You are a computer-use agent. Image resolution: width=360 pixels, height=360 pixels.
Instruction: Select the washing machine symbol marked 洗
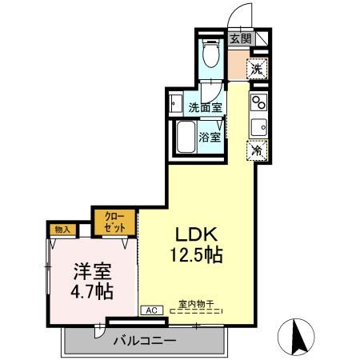pyautogui.click(x=257, y=69)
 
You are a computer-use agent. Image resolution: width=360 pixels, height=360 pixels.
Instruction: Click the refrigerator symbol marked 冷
pyautogui.click(x=258, y=148)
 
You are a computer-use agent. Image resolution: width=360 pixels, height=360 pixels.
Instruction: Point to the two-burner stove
pyautogui.click(x=258, y=102)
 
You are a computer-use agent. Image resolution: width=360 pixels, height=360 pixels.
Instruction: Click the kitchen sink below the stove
pyautogui.click(x=258, y=126)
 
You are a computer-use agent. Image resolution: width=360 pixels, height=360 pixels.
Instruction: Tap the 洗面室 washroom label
pyautogui.click(x=205, y=106)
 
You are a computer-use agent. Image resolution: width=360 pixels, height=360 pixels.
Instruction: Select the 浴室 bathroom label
pyautogui.click(x=211, y=137)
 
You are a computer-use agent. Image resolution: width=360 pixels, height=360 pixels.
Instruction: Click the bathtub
pyautogui.click(x=186, y=140)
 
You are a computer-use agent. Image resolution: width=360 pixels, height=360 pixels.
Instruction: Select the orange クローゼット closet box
pyautogui.click(x=114, y=222)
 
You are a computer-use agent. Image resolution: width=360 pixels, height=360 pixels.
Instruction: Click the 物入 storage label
pyautogui.click(x=62, y=230)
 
